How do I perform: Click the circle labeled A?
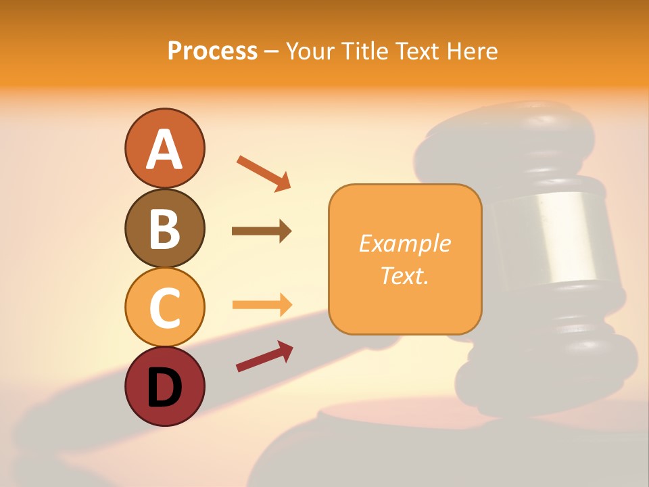click(164, 148)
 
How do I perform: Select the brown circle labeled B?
click(164, 228)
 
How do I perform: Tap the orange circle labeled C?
click(164, 307)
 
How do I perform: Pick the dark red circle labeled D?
click(164, 386)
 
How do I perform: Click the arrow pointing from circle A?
click(263, 172)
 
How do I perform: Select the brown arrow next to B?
click(261, 231)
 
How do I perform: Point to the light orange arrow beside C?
click(261, 304)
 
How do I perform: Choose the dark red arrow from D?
click(264, 356)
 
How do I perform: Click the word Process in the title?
click(212, 51)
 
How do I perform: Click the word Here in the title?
click(473, 51)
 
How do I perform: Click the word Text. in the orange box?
click(404, 275)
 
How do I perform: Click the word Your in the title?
click(310, 51)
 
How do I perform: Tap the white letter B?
click(164, 229)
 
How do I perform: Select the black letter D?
click(164, 387)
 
